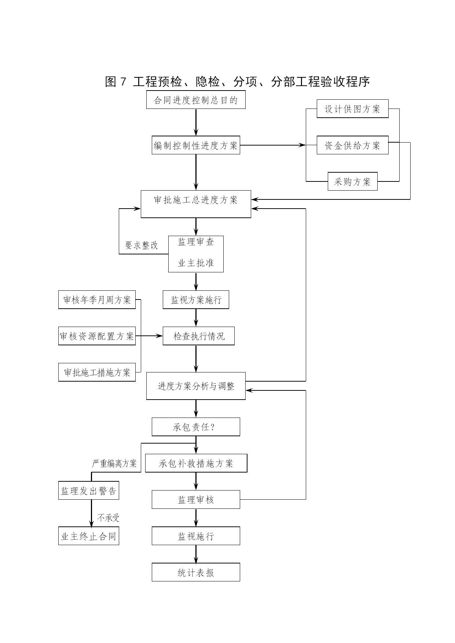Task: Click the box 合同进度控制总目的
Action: coord(196,100)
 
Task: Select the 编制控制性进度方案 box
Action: coord(196,145)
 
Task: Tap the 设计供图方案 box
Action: coord(352,109)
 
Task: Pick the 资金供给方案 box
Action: coord(352,145)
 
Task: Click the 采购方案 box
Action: coord(352,181)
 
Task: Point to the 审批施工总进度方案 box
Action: coord(196,204)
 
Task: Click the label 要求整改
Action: coord(142,245)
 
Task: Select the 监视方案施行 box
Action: coord(196,300)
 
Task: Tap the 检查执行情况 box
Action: coord(198,336)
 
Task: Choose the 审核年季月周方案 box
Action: coord(97,300)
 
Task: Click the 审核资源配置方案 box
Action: coord(97,336)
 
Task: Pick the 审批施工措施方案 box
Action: coord(97,372)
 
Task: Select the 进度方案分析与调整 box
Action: coord(196,386)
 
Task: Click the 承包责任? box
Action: coord(196,427)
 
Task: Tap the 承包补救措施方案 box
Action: coord(196,463)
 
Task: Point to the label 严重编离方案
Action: coord(114,464)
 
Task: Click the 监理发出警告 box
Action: coord(89,490)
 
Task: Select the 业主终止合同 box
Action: coord(89,536)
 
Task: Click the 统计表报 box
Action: coord(196,572)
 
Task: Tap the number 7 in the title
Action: coord(123,82)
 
